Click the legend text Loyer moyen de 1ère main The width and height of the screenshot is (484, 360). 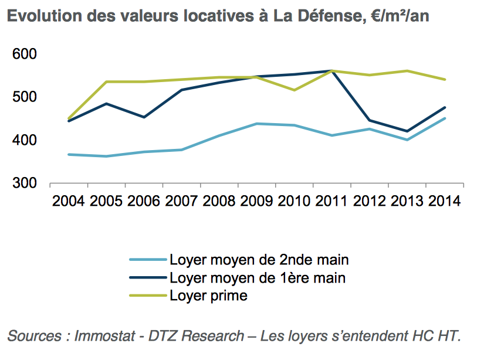coord(258,278)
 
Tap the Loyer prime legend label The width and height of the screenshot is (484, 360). coord(209,296)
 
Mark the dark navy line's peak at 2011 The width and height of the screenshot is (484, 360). coord(332,70)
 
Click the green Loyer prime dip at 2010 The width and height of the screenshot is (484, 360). coord(294,90)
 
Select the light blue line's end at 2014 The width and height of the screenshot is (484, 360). coord(445,118)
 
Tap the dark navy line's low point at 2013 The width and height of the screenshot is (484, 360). coord(407,131)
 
